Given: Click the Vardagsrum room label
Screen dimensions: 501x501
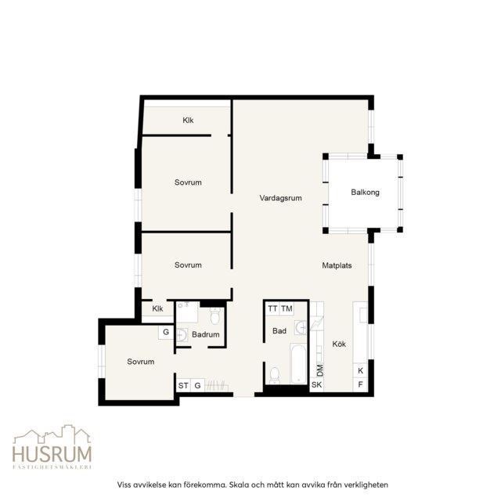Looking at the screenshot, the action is [x=280, y=198].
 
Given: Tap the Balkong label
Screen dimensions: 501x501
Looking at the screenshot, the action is [x=365, y=193].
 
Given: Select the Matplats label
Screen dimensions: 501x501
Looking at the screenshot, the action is [x=337, y=265].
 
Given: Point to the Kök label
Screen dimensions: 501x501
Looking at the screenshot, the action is [x=339, y=344].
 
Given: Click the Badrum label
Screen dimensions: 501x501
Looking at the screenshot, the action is [x=205, y=334].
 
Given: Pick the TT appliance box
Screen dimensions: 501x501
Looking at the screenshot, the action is [x=272, y=308].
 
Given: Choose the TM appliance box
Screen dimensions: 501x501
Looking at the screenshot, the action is [x=287, y=308].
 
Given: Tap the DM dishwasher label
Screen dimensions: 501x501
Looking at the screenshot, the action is [x=319, y=370].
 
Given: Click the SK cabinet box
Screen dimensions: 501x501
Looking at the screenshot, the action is [x=316, y=384].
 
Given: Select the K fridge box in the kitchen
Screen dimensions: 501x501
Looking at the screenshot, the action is [x=360, y=370].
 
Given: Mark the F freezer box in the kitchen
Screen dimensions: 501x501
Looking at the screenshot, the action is [x=360, y=384].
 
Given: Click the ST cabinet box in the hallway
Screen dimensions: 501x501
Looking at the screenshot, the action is [x=183, y=386].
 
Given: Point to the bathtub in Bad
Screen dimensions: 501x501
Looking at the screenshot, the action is [x=299, y=363].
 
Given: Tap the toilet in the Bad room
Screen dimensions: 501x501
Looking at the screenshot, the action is [x=275, y=375].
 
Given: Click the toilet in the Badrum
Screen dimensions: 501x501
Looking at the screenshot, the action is [x=215, y=315].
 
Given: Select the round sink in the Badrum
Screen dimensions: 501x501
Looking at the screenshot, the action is [x=182, y=335].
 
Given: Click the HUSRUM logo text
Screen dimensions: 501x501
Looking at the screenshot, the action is [x=52, y=454].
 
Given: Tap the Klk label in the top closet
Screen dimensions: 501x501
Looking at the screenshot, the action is [x=188, y=121].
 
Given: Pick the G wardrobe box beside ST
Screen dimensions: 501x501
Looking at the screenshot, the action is [x=197, y=386].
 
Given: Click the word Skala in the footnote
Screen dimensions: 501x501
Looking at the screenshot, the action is [x=240, y=485].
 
